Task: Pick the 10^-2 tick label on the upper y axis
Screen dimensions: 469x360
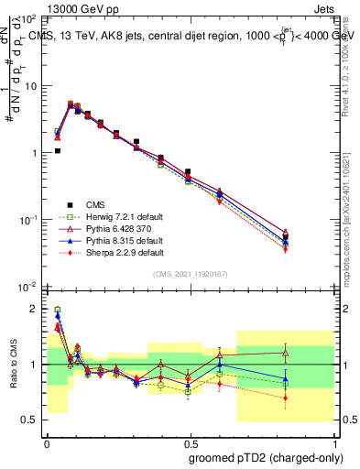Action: pyautogui.click(x=29, y=288)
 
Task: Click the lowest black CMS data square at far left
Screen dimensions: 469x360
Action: pyautogui.click(x=58, y=151)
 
